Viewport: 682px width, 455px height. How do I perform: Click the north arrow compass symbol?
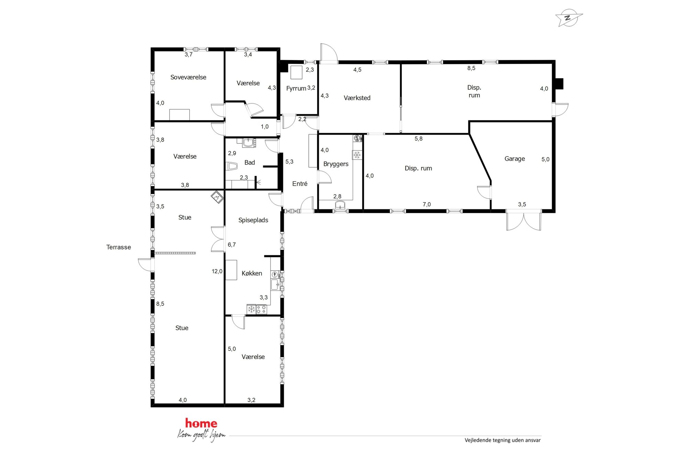569,18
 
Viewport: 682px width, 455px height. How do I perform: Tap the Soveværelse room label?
188,77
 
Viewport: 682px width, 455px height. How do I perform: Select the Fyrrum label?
296,88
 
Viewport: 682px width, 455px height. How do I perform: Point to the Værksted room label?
357,98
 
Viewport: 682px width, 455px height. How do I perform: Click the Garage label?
515,159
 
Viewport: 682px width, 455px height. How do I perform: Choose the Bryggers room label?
336,164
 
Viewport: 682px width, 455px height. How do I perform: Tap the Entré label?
300,184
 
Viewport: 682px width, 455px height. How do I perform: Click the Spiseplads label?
253,220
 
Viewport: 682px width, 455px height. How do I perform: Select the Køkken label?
252,273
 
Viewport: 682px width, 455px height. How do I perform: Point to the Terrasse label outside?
119,247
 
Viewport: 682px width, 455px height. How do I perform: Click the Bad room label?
250,163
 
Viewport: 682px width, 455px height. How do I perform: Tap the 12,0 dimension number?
217,271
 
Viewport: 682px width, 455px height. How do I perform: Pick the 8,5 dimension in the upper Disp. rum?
471,68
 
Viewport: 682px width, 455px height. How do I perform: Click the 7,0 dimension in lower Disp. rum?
427,204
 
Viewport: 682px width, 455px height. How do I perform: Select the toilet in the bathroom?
232,166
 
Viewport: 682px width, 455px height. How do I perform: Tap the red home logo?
201,423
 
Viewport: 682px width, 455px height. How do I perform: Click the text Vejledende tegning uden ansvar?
503,440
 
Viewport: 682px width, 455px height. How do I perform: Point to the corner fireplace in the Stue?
217,197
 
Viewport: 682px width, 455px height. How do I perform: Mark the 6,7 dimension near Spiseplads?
232,245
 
